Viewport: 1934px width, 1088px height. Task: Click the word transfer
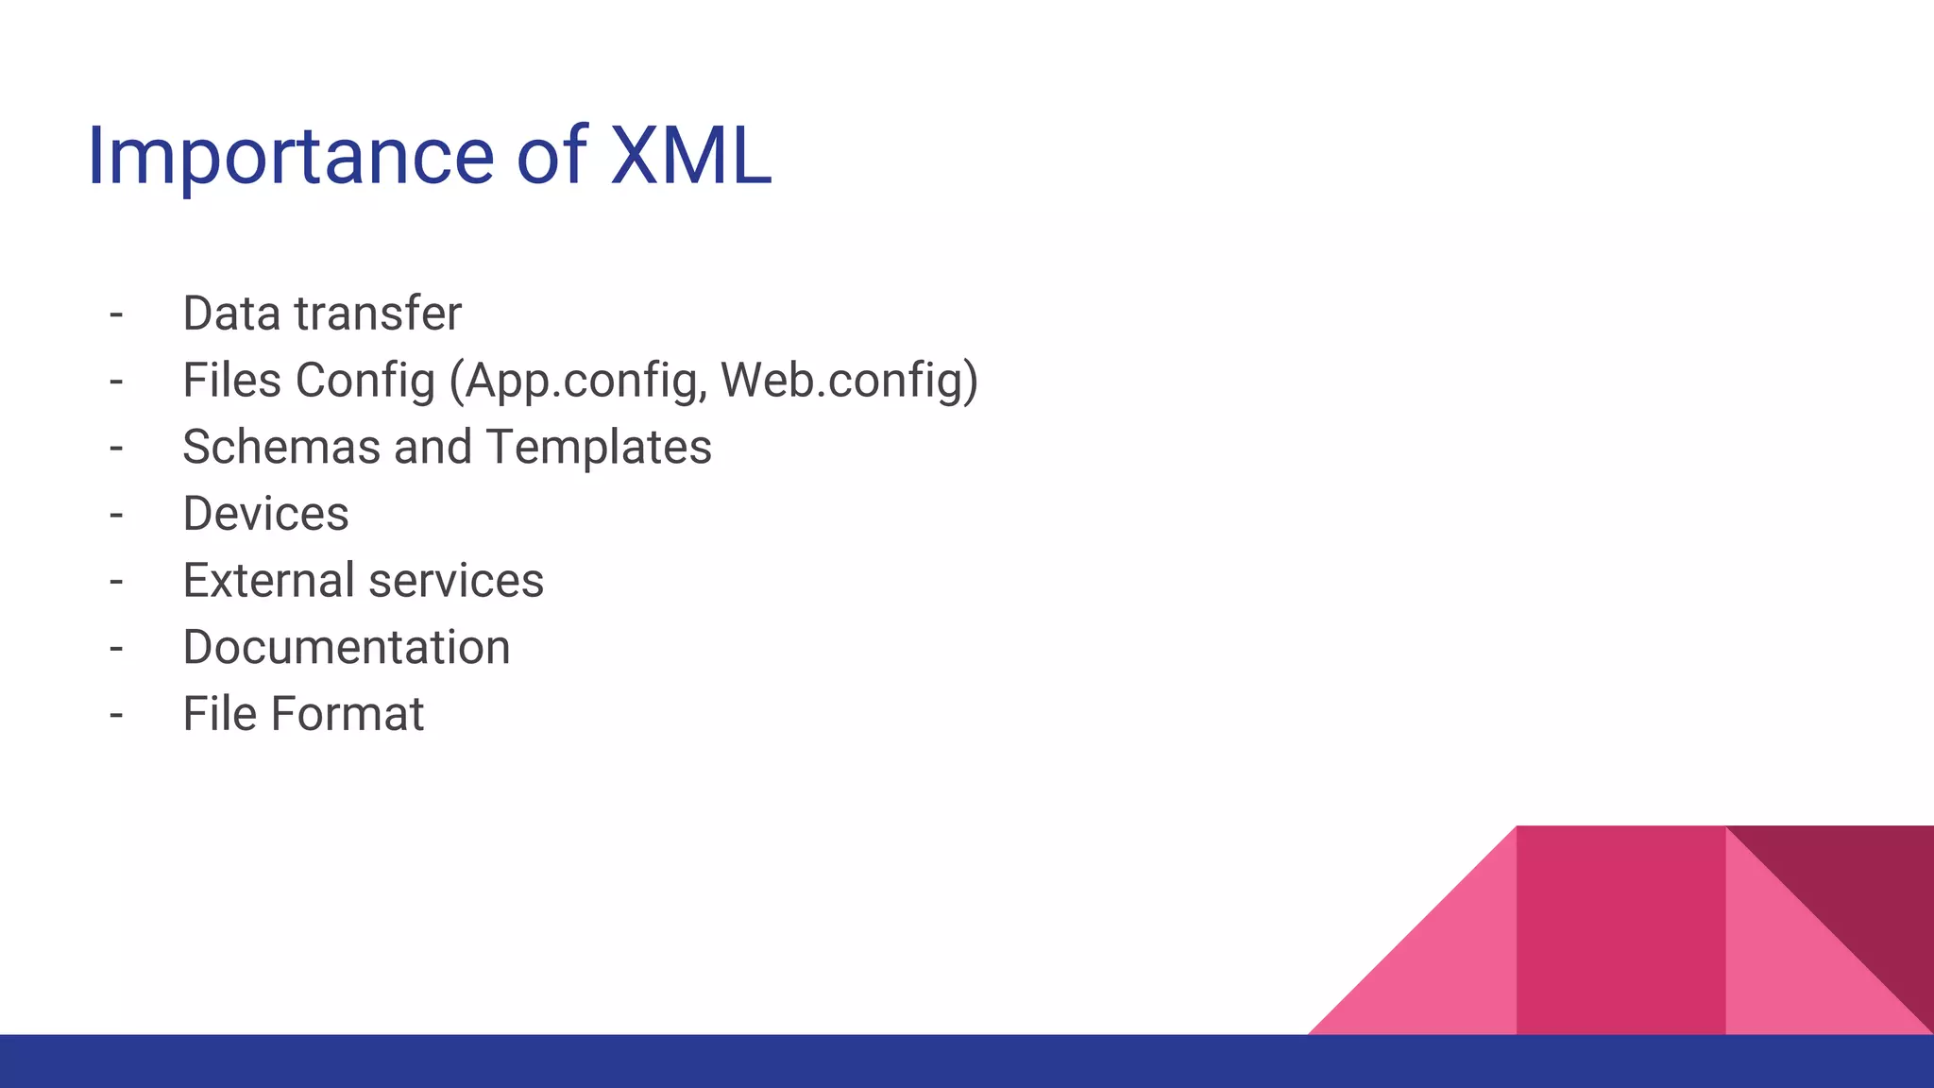coord(378,314)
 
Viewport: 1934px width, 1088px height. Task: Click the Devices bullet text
coord(265,514)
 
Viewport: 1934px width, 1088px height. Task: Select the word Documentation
coord(346,647)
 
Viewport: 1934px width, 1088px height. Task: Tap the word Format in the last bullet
coord(347,714)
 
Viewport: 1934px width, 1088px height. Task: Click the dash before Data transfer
coord(116,314)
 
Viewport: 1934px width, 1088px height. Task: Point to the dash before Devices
coord(116,515)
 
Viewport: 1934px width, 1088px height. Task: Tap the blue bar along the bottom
coord(661,1062)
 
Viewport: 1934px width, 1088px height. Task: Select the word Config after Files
coord(365,381)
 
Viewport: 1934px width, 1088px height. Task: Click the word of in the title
coord(551,156)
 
